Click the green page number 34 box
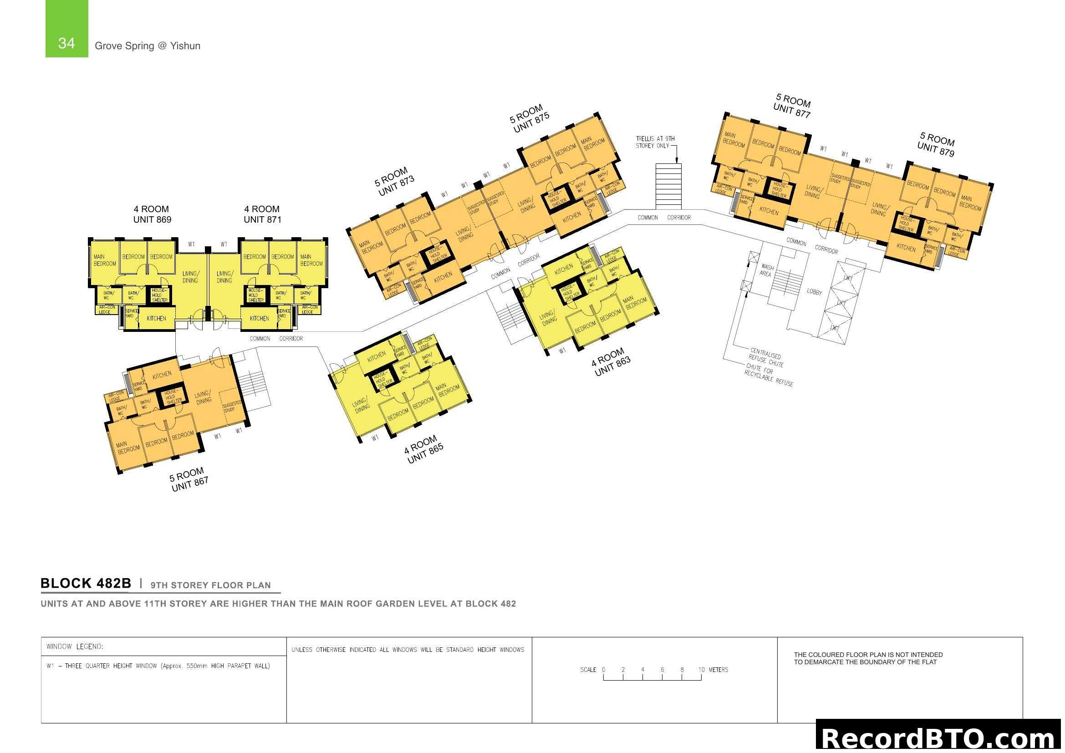click(x=66, y=29)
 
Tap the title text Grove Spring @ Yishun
click(x=148, y=46)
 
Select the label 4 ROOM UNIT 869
click(x=152, y=214)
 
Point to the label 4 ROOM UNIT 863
click(x=611, y=362)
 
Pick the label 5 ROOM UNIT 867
click(x=189, y=479)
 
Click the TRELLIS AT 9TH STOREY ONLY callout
click(x=654, y=142)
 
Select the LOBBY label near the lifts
click(x=814, y=292)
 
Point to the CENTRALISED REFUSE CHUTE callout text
click(x=766, y=357)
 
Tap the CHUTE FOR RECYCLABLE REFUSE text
click(x=769, y=375)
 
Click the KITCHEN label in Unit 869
click(x=156, y=319)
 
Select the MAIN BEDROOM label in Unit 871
click(x=311, y=260)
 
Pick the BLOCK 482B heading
click(x=86, y=583)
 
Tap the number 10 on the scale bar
click(x=701, y=670)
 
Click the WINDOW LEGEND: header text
click(x=75, y=646)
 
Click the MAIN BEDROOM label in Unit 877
click(x=734, y=140)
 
